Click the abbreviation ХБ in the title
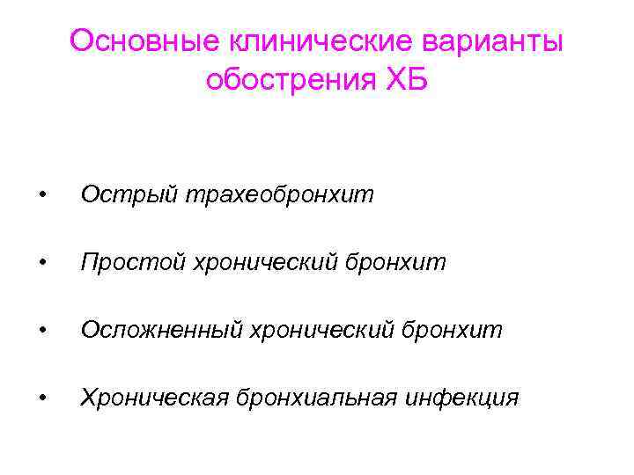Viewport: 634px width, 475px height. [406, 80]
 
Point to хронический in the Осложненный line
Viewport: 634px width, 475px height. [323, 330]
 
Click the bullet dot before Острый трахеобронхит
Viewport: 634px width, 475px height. [41, 195]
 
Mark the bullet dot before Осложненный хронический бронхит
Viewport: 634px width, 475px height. [41, 331]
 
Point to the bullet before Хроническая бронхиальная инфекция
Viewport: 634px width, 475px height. [41, 398]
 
